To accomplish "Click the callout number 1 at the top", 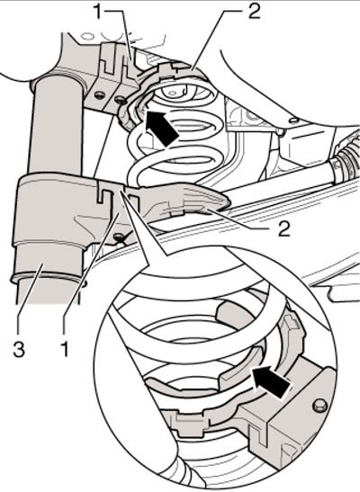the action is coord(99,12).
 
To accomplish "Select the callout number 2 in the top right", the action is coord(253,11).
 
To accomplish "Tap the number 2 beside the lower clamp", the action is coord(283,228).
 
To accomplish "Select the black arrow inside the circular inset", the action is coord(272,381).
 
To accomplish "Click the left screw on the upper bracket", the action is coord(100,95).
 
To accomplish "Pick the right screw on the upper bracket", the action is coord(119,100).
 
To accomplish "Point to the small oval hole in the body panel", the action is coord(294,121).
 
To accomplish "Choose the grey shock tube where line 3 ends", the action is coord(41,267).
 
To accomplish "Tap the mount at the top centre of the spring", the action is coord(174,92).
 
